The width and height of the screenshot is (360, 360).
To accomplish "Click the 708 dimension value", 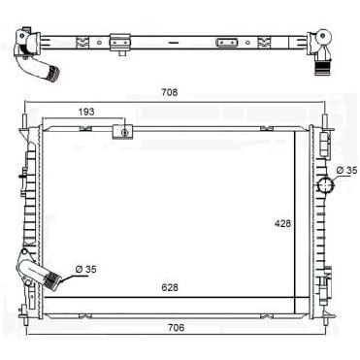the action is click(170, 92).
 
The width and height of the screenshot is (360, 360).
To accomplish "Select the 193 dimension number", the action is click(86, 112).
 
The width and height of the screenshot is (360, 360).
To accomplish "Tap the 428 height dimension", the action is click(282, 223).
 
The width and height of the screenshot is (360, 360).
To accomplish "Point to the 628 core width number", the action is click(170, 287).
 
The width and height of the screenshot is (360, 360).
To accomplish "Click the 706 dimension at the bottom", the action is click(177, 327).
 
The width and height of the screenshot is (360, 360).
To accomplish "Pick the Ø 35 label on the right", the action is click(346, 170).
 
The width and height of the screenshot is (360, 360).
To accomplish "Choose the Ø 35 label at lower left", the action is click(85, 269).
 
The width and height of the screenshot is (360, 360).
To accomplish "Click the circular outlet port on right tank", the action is click(325, 185).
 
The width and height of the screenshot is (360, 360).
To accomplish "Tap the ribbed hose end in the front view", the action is click(51, 279).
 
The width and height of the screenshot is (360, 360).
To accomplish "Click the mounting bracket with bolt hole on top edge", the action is click(123, 132).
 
